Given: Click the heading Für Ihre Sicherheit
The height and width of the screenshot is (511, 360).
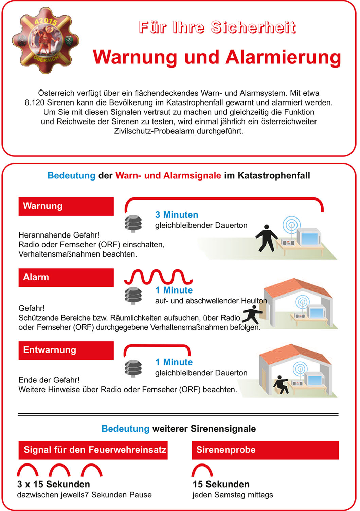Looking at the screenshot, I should [x=217, y=27].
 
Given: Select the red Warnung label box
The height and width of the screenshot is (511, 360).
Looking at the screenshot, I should [x=66, y=206].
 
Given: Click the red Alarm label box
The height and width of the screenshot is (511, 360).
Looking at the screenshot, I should [x=66, y=278].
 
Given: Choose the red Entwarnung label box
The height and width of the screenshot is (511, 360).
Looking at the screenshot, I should [x=66, y=350].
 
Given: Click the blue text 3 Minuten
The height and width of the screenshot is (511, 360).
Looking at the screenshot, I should [x=177, y=215].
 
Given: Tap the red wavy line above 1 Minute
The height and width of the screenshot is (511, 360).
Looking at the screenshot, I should [x=158, y=277].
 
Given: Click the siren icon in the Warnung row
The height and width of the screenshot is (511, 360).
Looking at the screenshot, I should [x=133, y=223].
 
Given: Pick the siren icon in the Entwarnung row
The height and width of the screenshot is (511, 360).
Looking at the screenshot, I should [x=133, y=368].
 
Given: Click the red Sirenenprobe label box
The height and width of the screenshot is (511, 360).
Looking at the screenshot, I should [x=265, y=450].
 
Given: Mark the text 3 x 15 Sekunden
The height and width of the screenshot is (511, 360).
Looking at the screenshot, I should [x=54, y=484].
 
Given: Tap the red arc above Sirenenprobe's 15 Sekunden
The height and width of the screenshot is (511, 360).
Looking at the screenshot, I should [x=202, y=471].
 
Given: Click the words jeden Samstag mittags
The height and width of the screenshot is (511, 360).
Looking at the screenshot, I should [x=233, y=495].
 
